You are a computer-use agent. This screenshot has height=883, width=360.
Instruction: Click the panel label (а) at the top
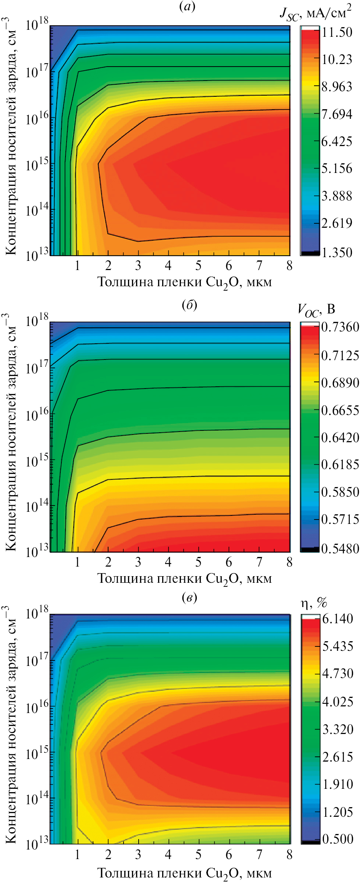click(x=188, y=7)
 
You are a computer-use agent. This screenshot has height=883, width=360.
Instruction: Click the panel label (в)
click(x=189, y=597)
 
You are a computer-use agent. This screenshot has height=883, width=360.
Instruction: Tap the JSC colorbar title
click(x=315, y=14)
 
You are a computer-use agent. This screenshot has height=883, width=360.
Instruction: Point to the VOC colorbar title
click(x=316, y=310)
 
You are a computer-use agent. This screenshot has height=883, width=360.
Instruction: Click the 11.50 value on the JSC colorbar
click(x=337, y=32)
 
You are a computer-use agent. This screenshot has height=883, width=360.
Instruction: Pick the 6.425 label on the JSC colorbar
click(x=336, y=141)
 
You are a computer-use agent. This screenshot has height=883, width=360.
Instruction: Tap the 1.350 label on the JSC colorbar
click(x=337, y=252)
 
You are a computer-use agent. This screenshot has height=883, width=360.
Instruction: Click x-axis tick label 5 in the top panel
click(x=199, y=265)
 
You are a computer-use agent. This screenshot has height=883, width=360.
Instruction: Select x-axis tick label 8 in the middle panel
click(x=289, y=562)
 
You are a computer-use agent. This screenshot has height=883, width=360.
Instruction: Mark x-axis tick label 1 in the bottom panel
click(x=77, y=854)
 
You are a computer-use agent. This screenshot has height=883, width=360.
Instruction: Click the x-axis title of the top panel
click(x=185, y=283)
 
